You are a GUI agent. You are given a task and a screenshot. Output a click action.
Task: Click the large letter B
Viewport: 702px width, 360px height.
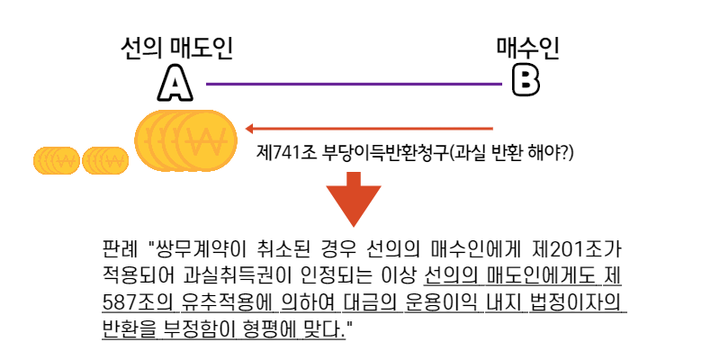526,81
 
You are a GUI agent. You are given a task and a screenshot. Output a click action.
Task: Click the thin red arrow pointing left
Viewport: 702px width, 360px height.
369,129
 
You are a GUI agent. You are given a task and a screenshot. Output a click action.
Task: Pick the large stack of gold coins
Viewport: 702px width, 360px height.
184,139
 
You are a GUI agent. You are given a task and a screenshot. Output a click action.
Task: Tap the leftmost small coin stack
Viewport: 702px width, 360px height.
57,160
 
